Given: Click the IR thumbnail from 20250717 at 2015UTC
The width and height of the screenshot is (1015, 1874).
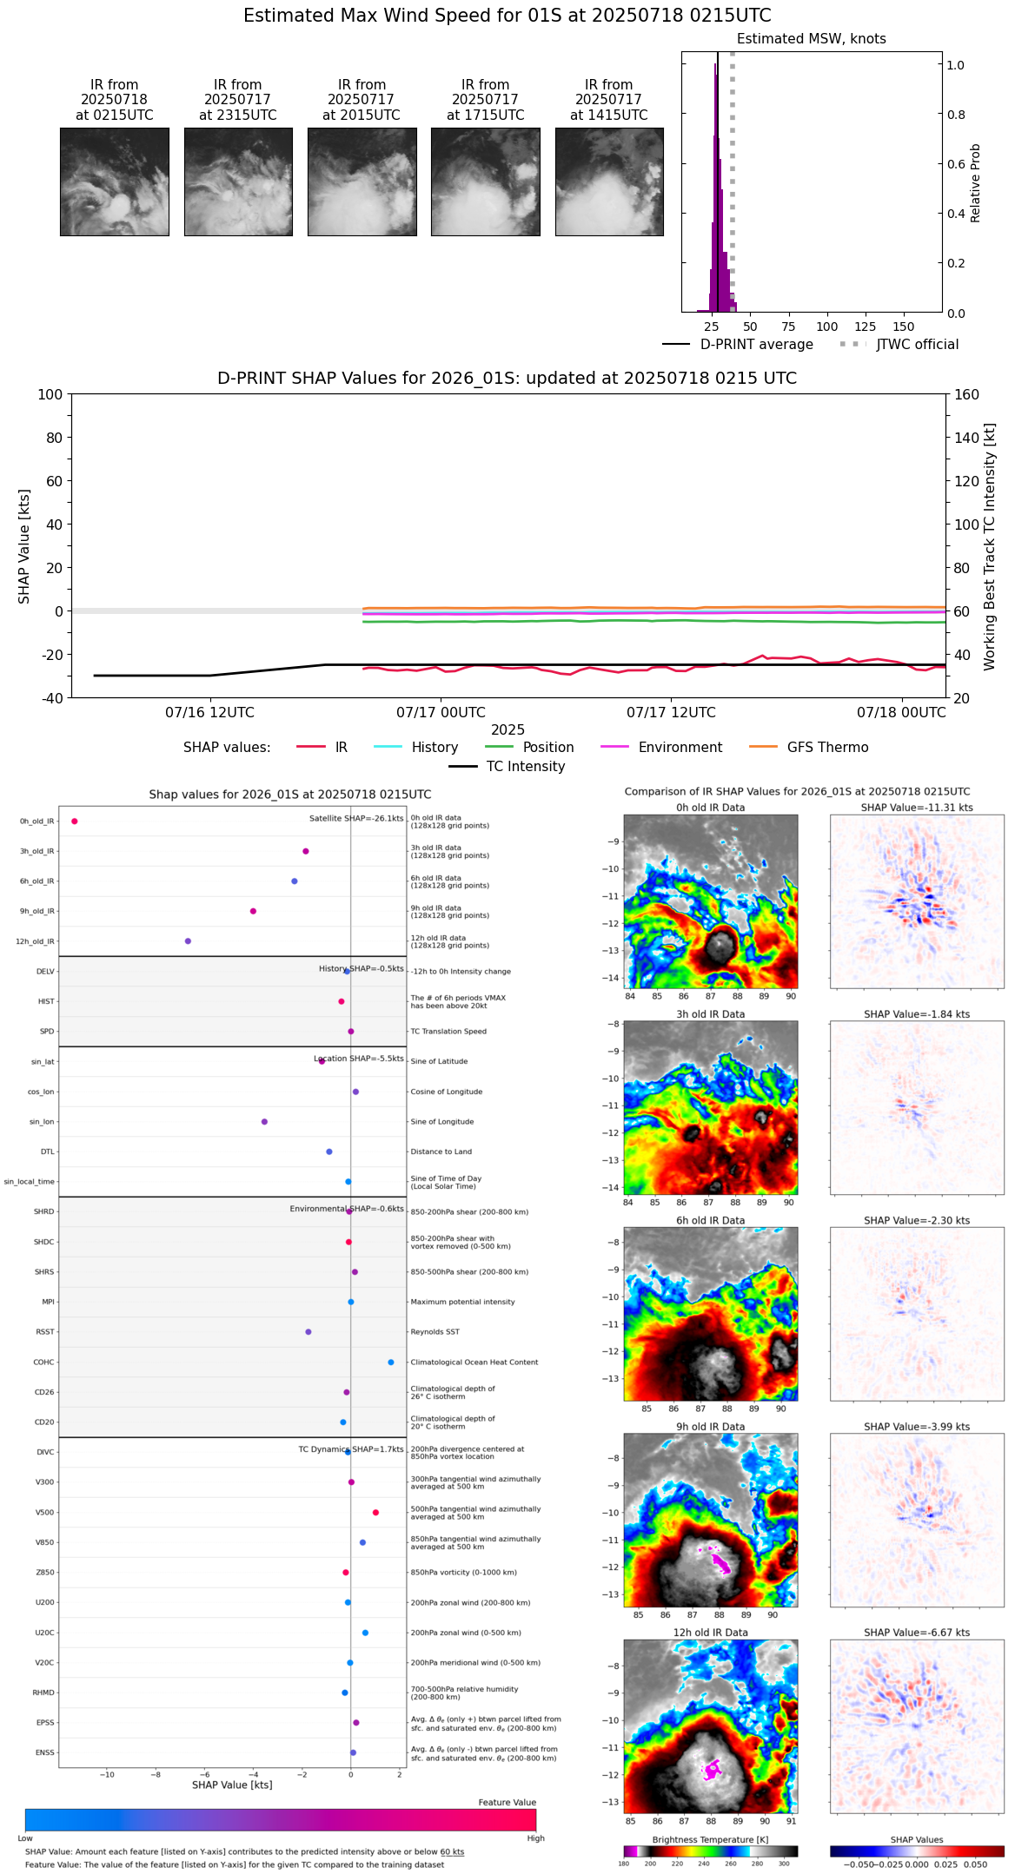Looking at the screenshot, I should pyautogui.click(x=362, y=181).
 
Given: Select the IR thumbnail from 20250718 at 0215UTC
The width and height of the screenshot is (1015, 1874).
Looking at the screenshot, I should pyautogui.click(x=114, y=181).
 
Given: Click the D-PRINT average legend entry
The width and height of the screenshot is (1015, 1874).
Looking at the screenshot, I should pyautogui.click(x=738, y=345).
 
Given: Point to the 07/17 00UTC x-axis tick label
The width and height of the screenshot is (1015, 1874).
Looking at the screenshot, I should pyautogui.click(x=441, y=713).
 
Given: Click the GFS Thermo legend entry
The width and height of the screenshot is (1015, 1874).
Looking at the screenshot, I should pyautogui.click(x=808, y=748).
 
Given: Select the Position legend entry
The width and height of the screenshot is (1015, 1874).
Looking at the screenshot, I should pyautogui.click(x=529, y=748).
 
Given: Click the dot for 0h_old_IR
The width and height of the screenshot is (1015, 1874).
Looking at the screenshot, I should pyautogui.click(x=75, y=822).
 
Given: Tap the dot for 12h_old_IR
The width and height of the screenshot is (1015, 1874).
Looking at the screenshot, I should pyautogui.click(x=188, y=941).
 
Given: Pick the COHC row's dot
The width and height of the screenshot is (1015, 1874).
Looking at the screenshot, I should pyautogui.click(x=391, y=1363).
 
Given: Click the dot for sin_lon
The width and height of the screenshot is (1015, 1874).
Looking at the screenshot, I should pyautogui.click(x=264, y=1122).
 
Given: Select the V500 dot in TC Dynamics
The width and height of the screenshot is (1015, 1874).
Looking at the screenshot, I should pyautogui.click(x=375, y=1513).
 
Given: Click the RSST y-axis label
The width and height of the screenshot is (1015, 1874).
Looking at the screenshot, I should pyautogui.click(x=44, y=1332).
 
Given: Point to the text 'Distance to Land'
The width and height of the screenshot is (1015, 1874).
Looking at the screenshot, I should pyautogui.click(x=441, y=1152).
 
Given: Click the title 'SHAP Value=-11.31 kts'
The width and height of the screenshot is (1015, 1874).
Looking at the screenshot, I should pyautogui.click(x=917, y=808).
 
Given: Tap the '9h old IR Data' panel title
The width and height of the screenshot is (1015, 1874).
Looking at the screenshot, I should pyautogui.click(x=710, y=1427).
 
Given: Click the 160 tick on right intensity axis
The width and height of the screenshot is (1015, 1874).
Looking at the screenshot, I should pyautogui.click(x=967, y=394).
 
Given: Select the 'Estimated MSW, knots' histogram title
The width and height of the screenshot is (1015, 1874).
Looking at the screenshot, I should pyautogui.click(x=811, y=39).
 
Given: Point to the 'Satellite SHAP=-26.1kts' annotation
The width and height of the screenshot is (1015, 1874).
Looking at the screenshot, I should pyautogui.click(x=356, y=819).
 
